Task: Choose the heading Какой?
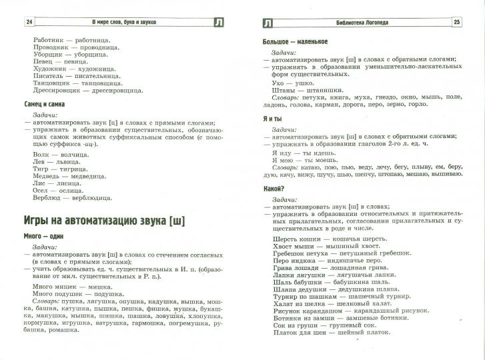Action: (x=275, y=189)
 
